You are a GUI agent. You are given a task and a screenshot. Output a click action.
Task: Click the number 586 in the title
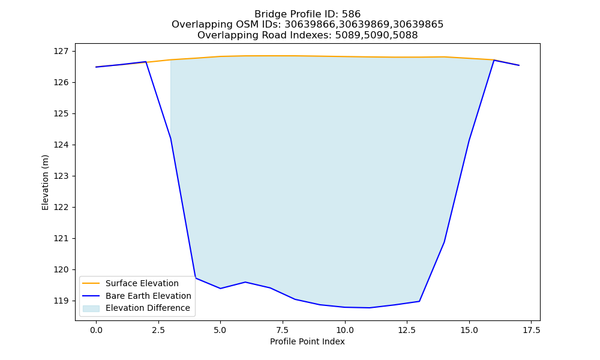(351, 14)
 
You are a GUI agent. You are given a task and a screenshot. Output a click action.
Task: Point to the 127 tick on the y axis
(61, 51)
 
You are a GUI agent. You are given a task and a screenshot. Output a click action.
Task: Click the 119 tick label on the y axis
(61, 301)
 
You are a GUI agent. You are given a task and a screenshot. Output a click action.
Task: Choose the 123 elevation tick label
(61, 176)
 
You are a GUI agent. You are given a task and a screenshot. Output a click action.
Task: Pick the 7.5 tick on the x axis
(283, 330)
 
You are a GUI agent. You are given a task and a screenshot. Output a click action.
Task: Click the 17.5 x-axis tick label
(532, 330)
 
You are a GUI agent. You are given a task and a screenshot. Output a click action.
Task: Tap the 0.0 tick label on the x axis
(96, 330)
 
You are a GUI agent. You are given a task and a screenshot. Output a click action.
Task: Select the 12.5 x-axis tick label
(407, 330)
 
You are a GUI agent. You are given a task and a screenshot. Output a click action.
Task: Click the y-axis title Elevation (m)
(46, 182)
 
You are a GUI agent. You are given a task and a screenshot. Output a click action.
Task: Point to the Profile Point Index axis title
(307, 341)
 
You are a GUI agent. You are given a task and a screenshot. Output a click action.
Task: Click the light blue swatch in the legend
(91, 308)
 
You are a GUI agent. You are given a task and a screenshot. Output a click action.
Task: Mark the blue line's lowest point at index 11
(370, 308)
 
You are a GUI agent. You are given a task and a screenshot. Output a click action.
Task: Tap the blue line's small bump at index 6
(245, 282)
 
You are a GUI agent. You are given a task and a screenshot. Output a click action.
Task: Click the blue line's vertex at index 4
(196, 278)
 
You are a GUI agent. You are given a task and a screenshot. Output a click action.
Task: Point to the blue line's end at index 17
(519, 65)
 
